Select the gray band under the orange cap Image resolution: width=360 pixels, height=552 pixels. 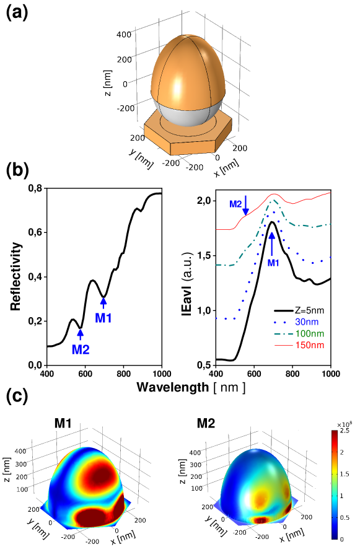(187, 115)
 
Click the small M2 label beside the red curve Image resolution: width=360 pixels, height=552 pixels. (235, 204)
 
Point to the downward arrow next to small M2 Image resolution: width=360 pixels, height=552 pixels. (246, 205)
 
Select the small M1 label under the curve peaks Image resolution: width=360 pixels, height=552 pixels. (273, 263)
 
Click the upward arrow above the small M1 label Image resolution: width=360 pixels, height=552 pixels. (271, 242)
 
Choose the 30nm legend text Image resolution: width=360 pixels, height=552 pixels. (307, 322)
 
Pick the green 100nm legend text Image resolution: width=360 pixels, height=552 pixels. (309, 334)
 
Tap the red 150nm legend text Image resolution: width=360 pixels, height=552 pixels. (309, 345)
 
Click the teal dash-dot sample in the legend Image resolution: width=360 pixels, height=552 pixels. (283, 334)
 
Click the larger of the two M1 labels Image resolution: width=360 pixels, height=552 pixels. (103, 318)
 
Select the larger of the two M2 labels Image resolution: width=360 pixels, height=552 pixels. (81, 350)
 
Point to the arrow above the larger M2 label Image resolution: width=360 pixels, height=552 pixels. (80, 335)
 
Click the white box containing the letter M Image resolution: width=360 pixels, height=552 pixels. (55, 423)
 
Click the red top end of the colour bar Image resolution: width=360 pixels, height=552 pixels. (335, 436)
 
